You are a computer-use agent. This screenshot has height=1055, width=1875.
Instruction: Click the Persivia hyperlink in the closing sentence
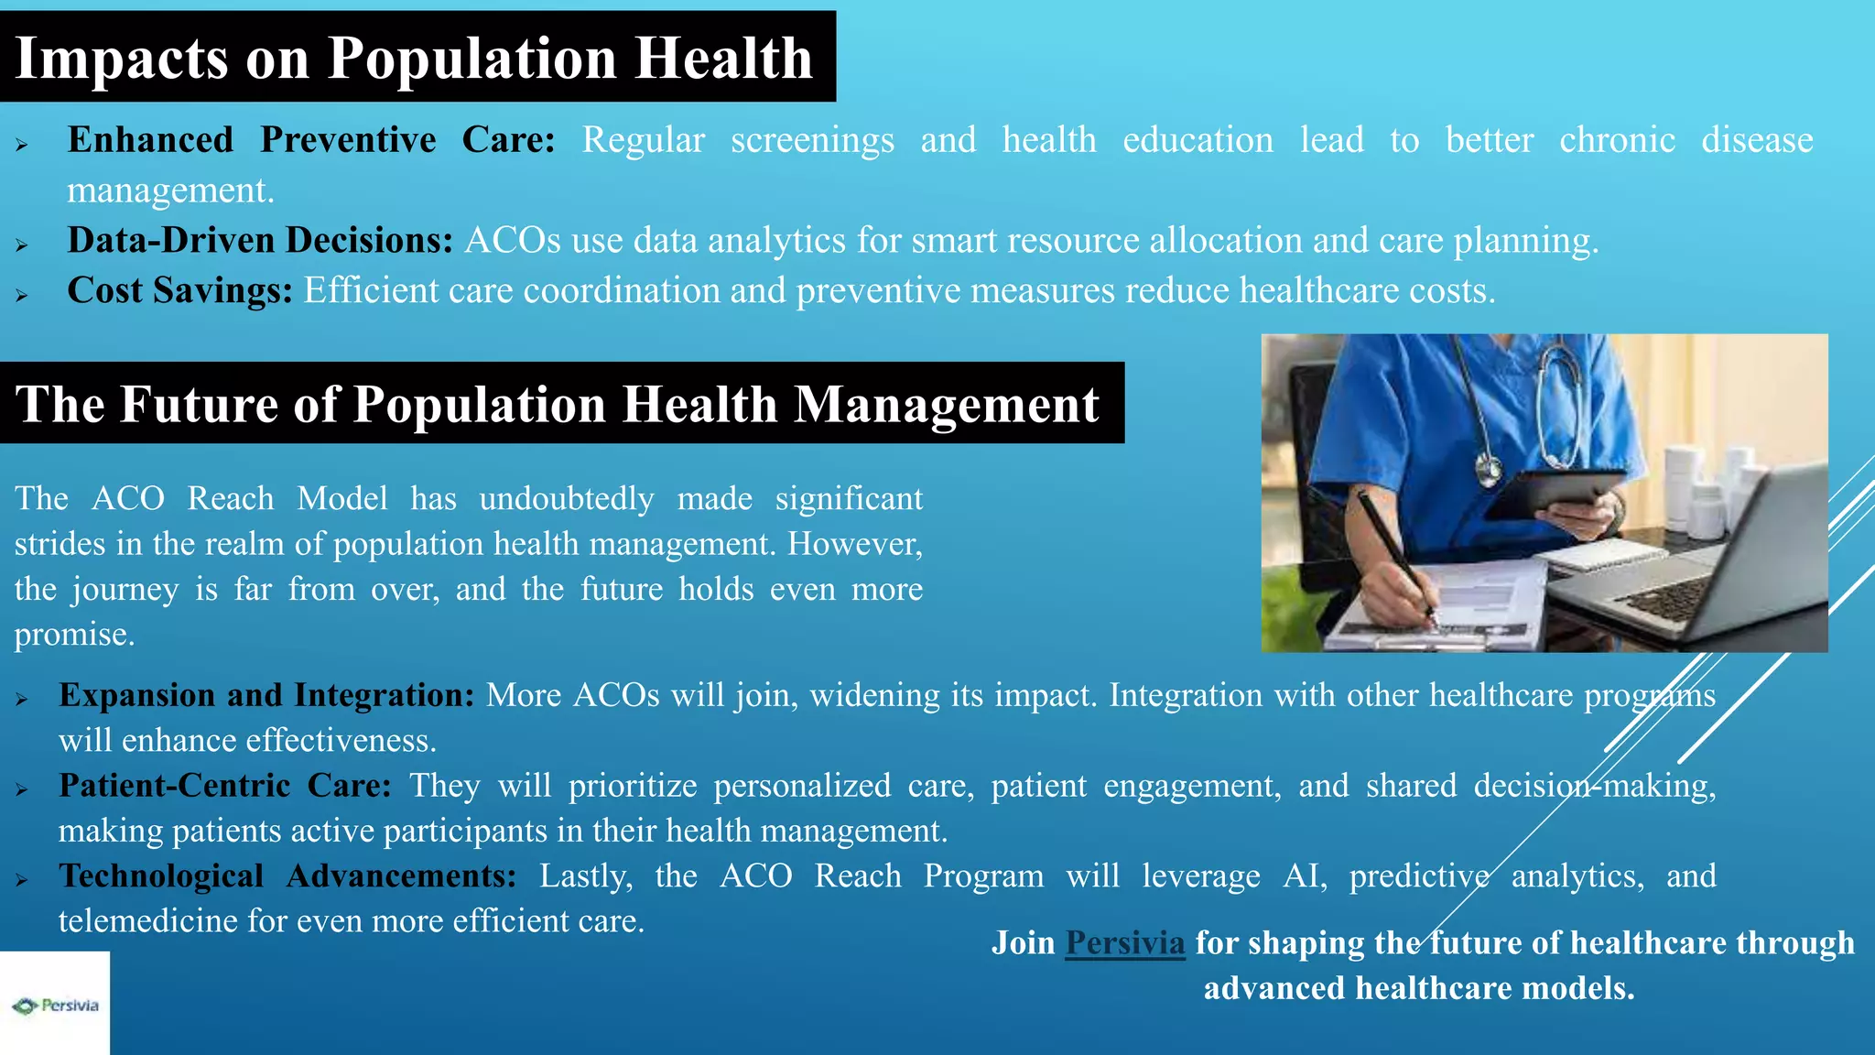pos(1124,943)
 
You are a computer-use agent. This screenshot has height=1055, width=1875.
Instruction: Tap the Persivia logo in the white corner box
pos(55,1006)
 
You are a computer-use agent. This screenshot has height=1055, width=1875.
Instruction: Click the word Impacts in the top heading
pos(121,59)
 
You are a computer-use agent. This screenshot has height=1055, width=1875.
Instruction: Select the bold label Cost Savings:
pos(179,290)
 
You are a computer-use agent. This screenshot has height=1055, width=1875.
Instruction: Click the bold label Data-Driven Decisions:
pos(260,240)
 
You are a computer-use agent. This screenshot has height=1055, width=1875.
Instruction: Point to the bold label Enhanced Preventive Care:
pos(311,140)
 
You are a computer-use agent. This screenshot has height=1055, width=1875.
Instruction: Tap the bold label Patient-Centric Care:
pos(225,786)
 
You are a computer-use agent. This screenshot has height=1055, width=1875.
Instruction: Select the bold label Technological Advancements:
pos(287,876)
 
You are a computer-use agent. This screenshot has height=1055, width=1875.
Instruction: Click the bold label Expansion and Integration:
pos(266,695)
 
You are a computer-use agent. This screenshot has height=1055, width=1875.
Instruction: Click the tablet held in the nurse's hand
pos(1556,490)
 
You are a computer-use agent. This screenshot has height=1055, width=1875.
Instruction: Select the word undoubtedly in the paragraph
pos(566,499)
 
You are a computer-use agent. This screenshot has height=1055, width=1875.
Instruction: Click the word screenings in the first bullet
pos(812,140)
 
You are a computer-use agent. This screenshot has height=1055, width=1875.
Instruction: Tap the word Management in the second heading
pos(946,404)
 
